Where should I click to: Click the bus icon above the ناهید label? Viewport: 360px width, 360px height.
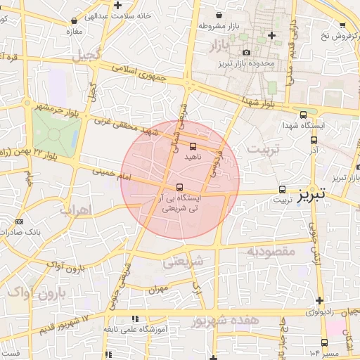coord(193,146)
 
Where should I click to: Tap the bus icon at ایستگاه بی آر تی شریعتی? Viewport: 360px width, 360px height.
coord(180,188)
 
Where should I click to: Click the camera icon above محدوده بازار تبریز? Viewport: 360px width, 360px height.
coord(246,53)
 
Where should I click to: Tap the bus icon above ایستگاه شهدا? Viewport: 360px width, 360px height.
coord(303,114)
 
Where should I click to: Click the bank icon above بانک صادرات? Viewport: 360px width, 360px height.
coord(18,222)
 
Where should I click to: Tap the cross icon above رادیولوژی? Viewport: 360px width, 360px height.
coord(319,301)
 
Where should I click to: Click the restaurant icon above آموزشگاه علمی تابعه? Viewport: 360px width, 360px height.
coord(135,319)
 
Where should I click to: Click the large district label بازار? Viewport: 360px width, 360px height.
coord(220,46)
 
